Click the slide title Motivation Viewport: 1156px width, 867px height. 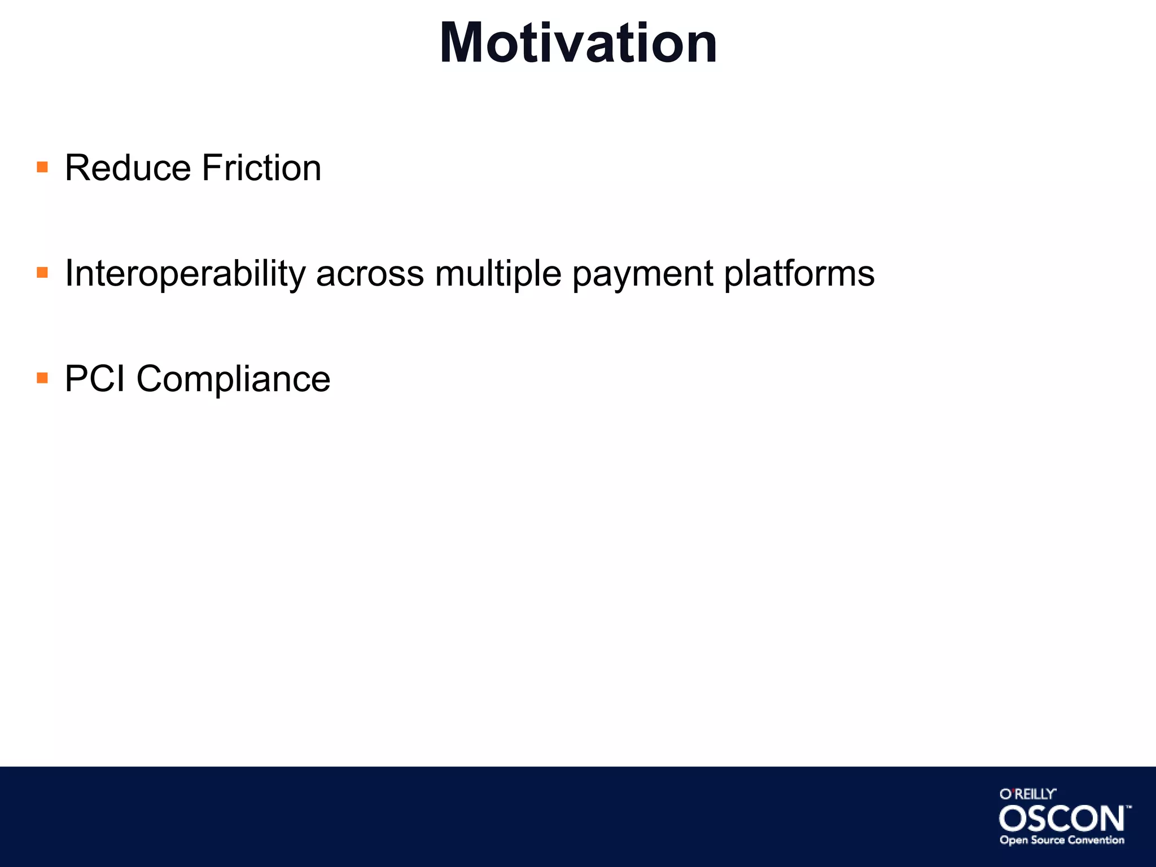coord(578,43)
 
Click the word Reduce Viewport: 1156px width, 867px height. coord(128,168)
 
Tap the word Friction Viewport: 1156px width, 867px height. coord(261,168)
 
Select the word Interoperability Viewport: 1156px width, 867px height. coord(185,274)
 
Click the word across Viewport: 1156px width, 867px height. coord(370,274)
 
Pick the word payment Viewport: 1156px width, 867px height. coord(643,274)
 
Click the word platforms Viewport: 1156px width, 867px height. coord(799,274)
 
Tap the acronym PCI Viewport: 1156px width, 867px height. coord(94,379)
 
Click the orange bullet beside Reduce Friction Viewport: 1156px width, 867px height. coord(42,167)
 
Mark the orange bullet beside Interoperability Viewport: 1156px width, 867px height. coord(42,273)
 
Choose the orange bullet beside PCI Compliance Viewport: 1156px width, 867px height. coord(42,378)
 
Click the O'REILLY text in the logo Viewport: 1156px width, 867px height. coord(1027,794)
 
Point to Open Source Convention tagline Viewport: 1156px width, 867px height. coord(1062,840)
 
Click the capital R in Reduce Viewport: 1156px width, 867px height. coord(78,168)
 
